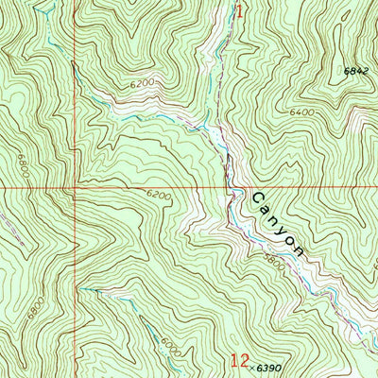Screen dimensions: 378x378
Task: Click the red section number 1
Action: (239, 12)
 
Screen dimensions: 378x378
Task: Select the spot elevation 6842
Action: (354, 70)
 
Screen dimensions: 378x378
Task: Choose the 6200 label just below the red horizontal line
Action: (158, 195)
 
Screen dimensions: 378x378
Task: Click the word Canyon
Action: (278, 225)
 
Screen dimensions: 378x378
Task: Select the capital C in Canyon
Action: (257, 198)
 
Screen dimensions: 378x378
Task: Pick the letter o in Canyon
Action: (288, 238)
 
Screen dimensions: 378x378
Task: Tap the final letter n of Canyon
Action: (299, 250)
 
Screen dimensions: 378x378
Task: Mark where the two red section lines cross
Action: (70, 187)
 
